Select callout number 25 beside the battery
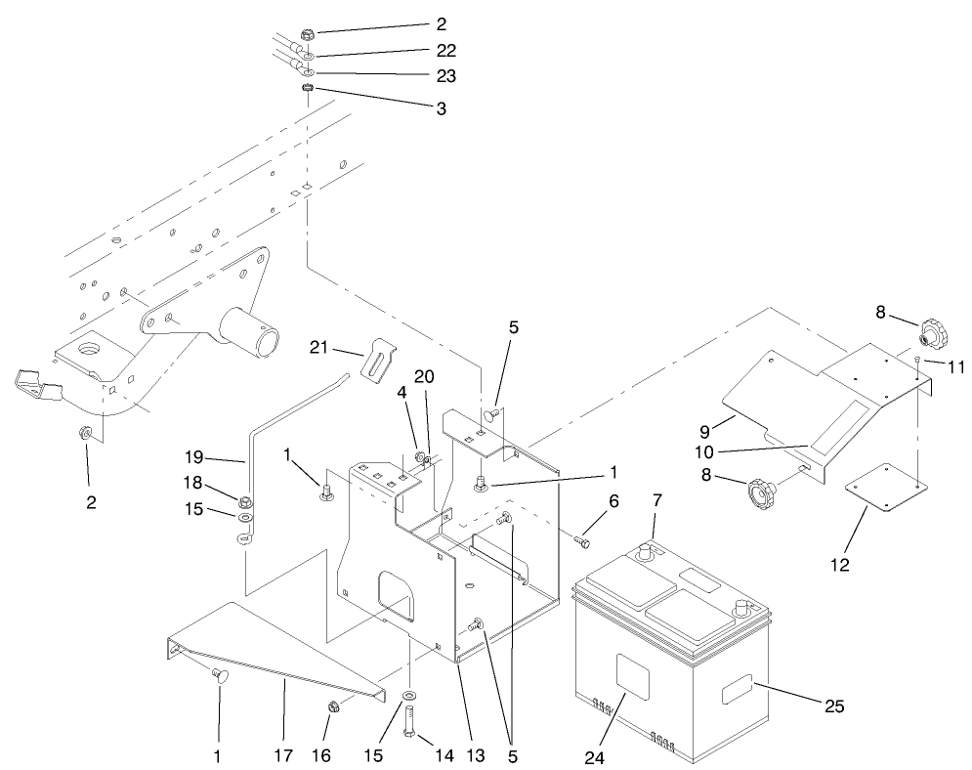click(x=833, y=705)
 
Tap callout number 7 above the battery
click(x=656, y=501)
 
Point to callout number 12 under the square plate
click(x=840, y=564)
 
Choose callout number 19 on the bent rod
click(x=192, y=455)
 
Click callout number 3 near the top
click(x=442, y=110)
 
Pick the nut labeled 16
click(x=333, y=706)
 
